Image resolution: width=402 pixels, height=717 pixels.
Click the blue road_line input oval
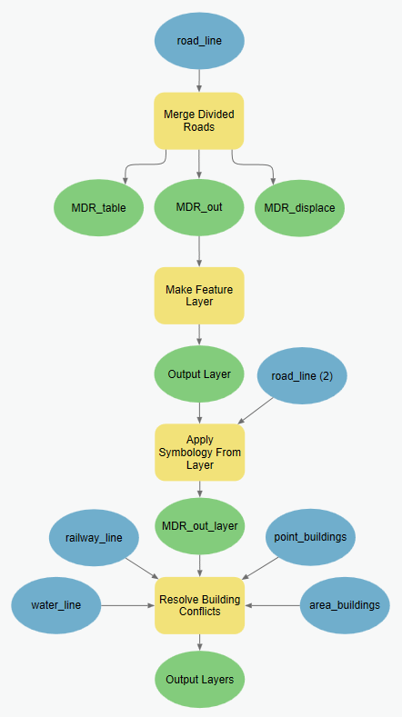tap(199, 41)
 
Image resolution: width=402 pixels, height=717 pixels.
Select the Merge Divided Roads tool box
tap(199, 120)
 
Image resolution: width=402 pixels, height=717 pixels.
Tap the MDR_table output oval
tap(99, 207)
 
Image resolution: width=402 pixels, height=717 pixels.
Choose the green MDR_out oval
tap(199, 207)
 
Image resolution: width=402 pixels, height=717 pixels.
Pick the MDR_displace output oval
tap(299, 207)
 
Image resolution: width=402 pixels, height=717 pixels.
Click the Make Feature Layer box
tap(199, 294)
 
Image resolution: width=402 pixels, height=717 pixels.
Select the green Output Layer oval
tap(199, 373)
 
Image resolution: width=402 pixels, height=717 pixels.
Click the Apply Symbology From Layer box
tap(199, 452)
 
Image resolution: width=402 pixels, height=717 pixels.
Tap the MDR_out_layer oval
tap(199, 525)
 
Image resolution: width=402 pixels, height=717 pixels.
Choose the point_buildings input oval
tap(310, 536)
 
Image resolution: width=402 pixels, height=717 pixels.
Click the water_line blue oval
tap(56, 604)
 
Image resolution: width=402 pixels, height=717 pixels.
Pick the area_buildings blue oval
tap(345, 604)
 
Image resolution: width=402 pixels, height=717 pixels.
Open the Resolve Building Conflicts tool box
tap(199, 605)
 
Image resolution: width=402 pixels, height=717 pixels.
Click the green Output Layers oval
tap(199, 679)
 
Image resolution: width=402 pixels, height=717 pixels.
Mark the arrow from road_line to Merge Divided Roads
tap(199, 80)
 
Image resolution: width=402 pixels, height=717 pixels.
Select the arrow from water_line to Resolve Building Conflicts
tap(127, 605)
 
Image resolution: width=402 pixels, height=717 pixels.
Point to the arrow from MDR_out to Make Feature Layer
tap(199, 251)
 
